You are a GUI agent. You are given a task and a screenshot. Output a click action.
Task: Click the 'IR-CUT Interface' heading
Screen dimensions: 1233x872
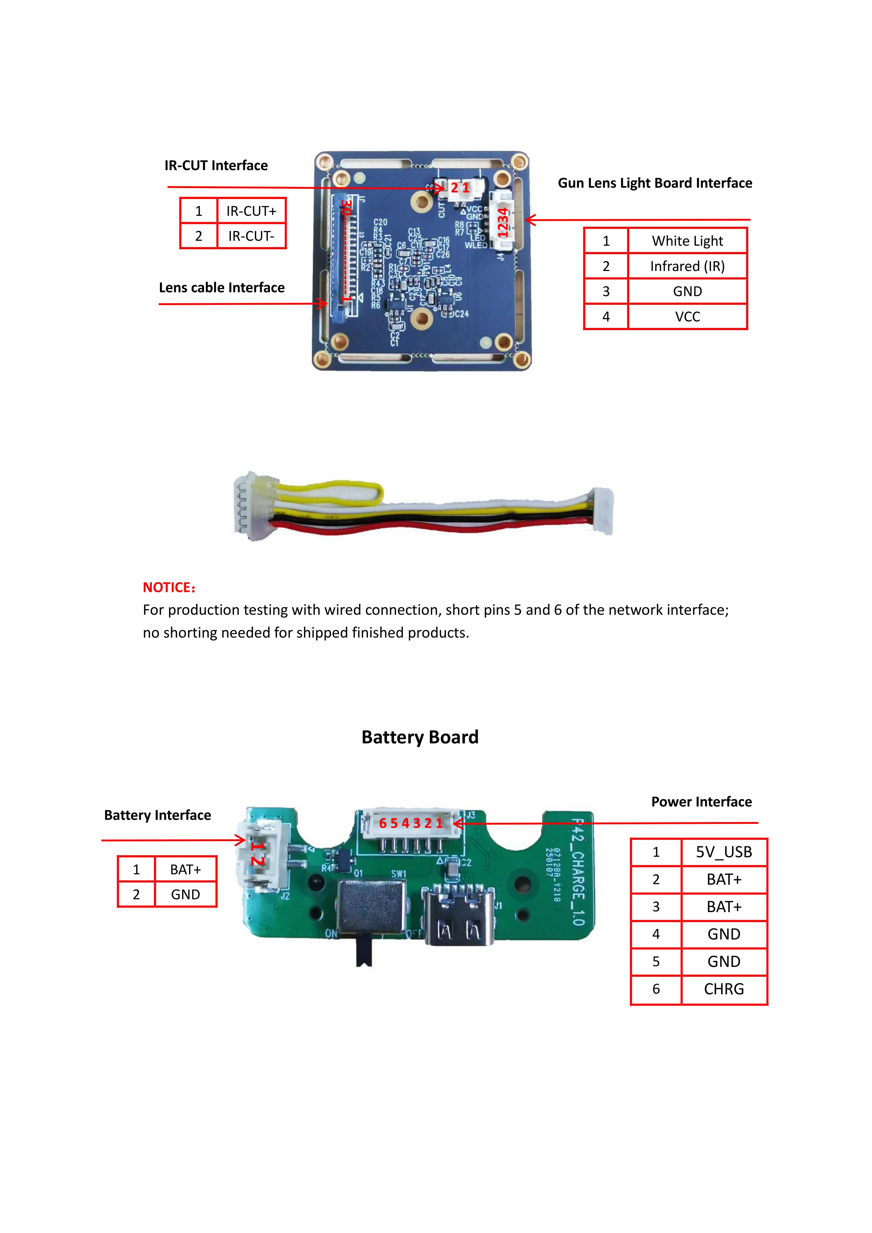[x=216, y=166]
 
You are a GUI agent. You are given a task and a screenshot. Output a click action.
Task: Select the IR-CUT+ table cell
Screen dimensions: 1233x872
[x=251, y=211]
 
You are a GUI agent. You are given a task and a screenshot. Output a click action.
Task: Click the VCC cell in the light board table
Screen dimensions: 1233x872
[x=687, y=317]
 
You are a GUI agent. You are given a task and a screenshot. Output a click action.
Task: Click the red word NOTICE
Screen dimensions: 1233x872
[x=168, y=587]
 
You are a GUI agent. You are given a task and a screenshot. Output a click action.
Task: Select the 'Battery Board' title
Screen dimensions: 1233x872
[x=420, y=737]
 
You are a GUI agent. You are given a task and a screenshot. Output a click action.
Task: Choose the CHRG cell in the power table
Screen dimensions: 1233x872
[x=723, y=989]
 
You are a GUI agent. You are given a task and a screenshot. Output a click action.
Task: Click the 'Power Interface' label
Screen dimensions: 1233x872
[x=701, y=802]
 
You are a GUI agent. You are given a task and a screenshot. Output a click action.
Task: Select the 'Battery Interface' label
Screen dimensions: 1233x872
[x=157, y=815]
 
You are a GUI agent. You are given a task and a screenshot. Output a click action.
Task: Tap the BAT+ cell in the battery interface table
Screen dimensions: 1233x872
[x=185, y=870]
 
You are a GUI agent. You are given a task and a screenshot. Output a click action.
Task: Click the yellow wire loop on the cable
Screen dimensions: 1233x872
[x=330, y=492]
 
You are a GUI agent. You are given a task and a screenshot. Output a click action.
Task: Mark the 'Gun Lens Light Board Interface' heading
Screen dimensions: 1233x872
[x=654, y=183]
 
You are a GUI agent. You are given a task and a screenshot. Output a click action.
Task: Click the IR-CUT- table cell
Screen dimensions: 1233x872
[x=251, y=236]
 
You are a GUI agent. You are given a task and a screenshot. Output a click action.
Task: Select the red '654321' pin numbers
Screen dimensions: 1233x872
[x=411, y=823]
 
